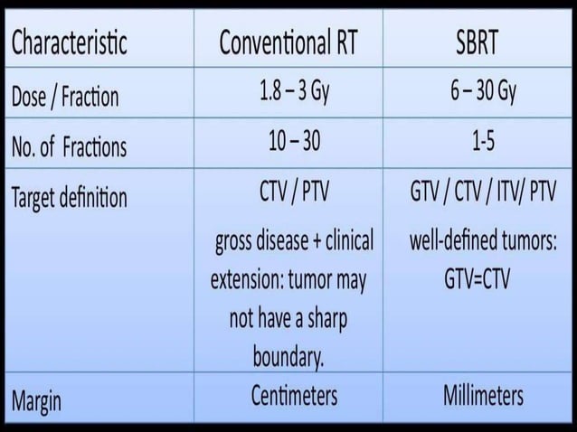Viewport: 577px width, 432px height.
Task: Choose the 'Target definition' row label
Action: pyautogui.click(x=69, y=198)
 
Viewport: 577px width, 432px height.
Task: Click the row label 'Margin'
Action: pyautogui.click(x=37, y=400)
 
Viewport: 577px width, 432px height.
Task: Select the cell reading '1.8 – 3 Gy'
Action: pyautogui.click(x=288, y=93)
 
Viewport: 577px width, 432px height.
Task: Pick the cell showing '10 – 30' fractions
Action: pyautogui.click(x=288, y=144)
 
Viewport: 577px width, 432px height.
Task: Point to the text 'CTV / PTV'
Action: pyautogui.click(x=288, y=193)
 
